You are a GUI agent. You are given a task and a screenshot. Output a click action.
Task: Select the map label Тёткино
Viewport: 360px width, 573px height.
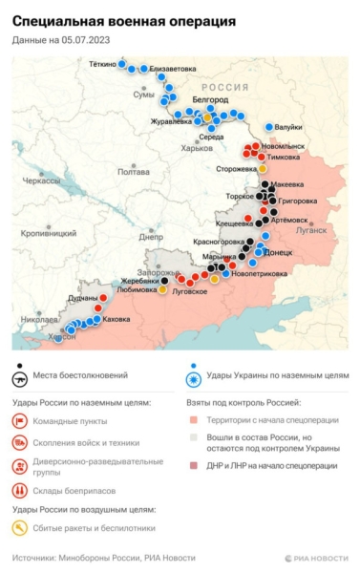(102, 64)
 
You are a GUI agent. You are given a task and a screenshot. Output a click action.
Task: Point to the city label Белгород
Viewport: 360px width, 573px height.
(210, 99)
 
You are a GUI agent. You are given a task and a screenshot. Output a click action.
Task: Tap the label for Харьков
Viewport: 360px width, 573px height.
(197, 148)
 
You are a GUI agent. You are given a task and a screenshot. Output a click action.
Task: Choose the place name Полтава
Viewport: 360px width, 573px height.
(133, 172)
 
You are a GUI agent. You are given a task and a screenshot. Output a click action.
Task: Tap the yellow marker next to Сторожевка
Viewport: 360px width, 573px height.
(263, 169)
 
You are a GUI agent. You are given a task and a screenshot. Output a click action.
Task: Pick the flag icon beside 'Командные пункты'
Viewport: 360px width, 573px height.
(20, 421)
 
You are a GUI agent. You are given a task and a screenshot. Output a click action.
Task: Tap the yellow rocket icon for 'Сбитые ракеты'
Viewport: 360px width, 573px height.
(20, 526)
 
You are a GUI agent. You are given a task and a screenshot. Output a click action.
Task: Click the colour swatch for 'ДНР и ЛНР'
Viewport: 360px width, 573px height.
(194, 466)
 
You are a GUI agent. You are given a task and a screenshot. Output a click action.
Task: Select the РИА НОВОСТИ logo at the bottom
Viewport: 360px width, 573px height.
(316, 558)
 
